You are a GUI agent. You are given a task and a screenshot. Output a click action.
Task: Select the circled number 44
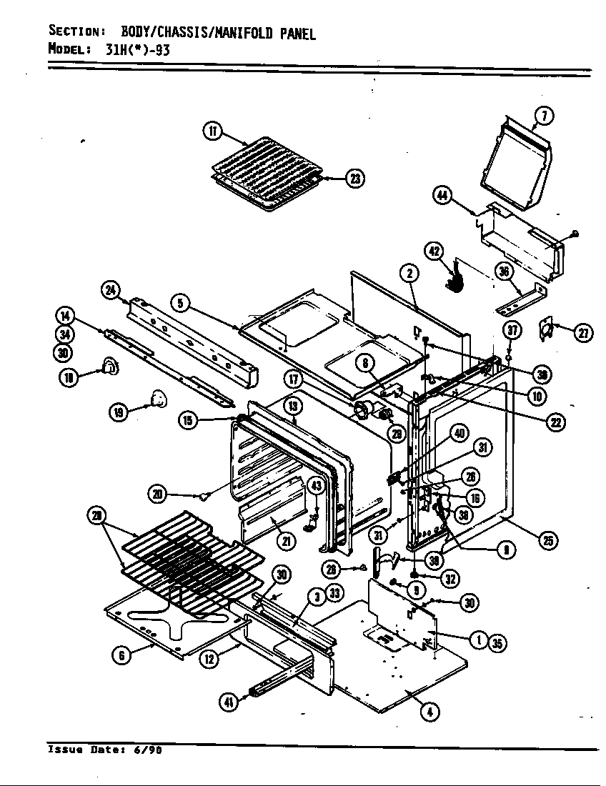(x=443, y=195)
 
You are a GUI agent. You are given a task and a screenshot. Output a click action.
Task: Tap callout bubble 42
(x=434, y=251)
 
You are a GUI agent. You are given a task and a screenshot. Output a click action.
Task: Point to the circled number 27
(x=583, y=332)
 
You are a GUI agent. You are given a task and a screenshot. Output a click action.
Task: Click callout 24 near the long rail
(x=110, y=289)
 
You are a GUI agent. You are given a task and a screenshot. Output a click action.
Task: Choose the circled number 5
(x=182, y=304)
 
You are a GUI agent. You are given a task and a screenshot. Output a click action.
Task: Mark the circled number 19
(x=118, y=411)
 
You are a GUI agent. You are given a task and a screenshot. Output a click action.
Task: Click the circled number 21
(x=286, y=541)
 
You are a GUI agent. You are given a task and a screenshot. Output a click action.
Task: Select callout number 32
(x=449, y=579)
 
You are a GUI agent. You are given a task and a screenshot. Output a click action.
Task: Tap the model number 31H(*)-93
(x=129, y=49)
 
